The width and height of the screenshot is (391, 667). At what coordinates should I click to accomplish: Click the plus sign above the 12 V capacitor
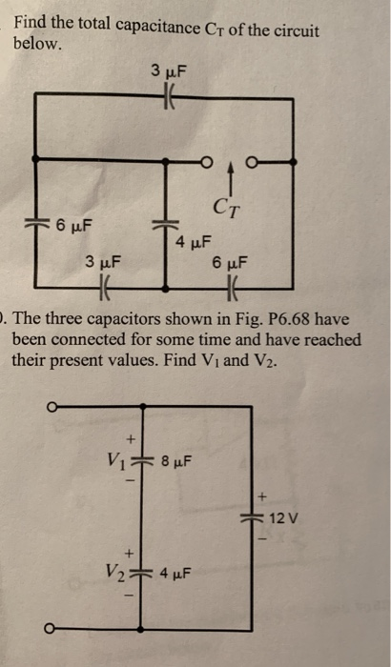(x=258, y=495)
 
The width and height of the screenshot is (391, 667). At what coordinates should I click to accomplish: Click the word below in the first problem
(x=35, y=44)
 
